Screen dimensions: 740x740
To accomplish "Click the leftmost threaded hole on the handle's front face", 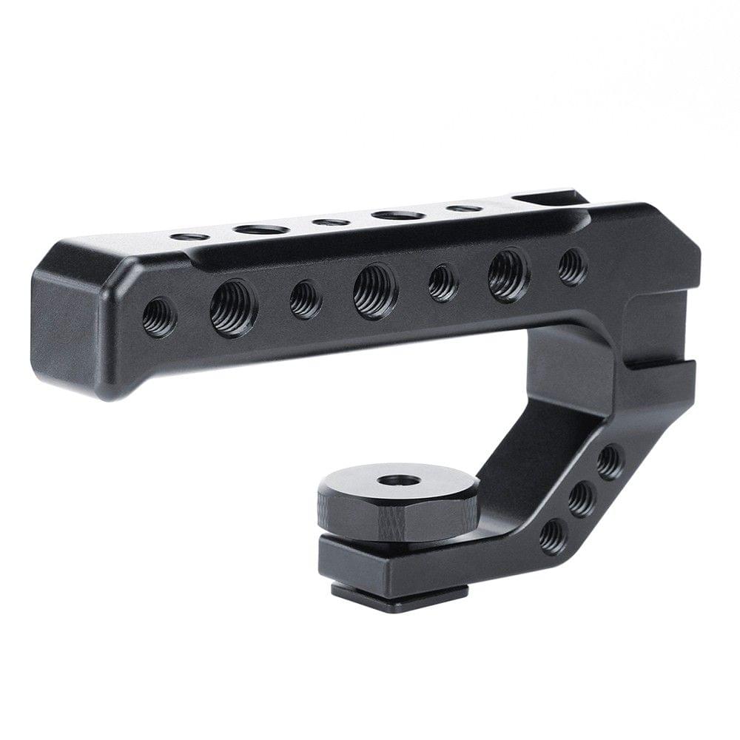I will tap(159, 317).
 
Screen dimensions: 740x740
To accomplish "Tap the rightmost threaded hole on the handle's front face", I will tap(572, 266).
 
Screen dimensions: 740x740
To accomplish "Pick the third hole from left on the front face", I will tap(306, 299).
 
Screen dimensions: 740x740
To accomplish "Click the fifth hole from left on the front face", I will tap(443, 283).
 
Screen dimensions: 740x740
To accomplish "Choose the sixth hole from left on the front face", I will tap(508, 275).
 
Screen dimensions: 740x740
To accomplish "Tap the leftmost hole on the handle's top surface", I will tap(189, 237).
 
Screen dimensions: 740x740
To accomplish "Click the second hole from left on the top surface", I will tap(260, 229).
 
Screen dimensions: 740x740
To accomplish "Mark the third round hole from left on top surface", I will tap(330, 222).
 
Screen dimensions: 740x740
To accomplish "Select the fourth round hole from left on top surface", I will tap(398, 215).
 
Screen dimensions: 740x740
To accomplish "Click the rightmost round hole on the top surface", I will tap(464, 209).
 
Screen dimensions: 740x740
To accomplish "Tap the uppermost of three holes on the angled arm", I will tap(610, 462).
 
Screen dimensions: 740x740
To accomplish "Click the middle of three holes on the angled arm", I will tap(582, 499).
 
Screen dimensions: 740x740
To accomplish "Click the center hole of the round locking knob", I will tap(398, 480).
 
